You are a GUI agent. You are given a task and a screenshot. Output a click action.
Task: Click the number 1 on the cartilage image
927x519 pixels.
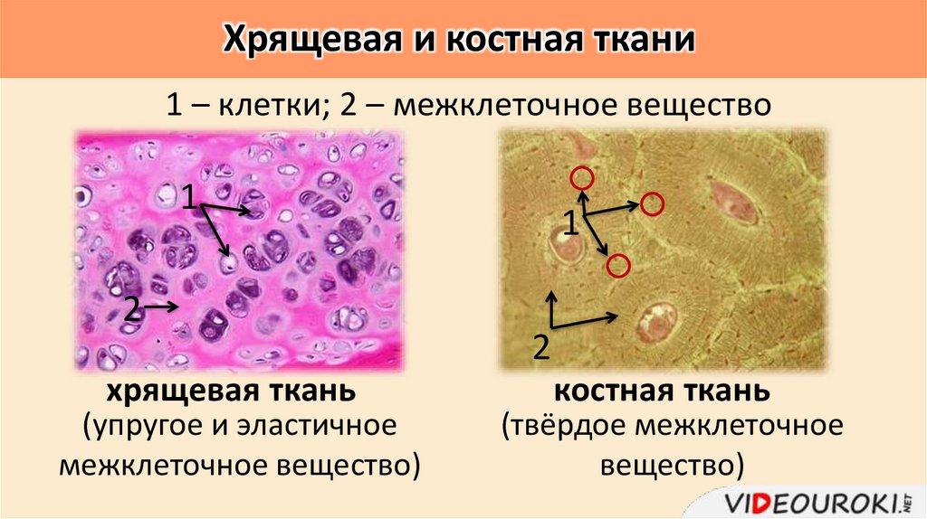coord(189,195)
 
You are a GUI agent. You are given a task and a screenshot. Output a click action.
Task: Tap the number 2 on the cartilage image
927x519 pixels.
coord(131,309)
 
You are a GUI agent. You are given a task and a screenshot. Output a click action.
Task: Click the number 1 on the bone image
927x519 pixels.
coord(572,222)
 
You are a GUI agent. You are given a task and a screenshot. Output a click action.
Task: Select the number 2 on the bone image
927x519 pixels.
coord(542,346)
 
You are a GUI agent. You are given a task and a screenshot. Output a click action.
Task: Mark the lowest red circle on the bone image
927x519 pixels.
coord(618,265)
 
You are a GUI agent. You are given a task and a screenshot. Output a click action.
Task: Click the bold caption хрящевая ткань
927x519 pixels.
coord(230,392)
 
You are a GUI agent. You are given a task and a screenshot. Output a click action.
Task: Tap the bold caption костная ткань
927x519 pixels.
coord(662,392)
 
